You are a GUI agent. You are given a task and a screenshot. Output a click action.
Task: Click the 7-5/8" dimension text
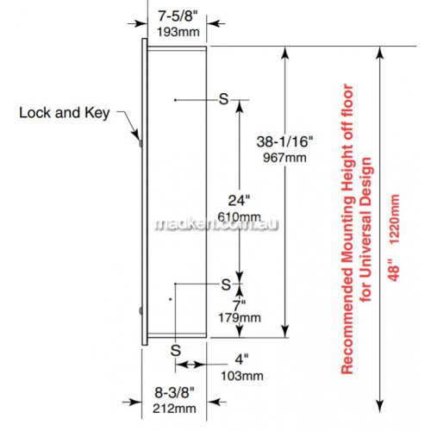178,16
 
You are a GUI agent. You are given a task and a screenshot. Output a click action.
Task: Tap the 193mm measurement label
178,32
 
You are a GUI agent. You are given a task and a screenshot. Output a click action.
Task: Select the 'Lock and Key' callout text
65,113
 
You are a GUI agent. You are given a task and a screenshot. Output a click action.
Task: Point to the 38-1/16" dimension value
284,141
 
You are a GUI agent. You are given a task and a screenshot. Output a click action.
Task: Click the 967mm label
284,158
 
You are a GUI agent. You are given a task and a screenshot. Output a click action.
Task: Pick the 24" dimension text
239,200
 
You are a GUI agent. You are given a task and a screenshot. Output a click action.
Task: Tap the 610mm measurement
239,216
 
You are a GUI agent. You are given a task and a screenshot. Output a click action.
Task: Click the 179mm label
240,318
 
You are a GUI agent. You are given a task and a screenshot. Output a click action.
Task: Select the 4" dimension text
241,359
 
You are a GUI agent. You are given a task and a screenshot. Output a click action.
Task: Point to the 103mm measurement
242,376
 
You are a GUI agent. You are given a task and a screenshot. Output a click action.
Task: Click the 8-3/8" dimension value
175,392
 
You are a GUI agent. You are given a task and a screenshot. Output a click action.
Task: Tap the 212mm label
174,409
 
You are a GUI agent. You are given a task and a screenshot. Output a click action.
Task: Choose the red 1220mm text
394,219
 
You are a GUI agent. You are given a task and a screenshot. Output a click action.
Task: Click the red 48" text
394,270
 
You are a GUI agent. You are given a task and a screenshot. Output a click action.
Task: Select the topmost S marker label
223,99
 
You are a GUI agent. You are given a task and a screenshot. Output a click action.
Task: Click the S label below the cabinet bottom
176,350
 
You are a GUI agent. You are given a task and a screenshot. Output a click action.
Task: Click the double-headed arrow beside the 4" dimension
190,365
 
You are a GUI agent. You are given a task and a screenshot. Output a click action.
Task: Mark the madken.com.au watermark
216,224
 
